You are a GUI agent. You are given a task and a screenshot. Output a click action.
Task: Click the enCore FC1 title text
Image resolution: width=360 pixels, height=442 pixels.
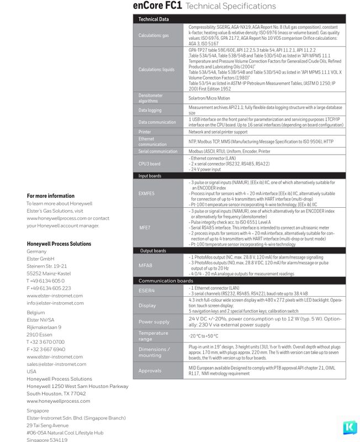[x=157, y=6]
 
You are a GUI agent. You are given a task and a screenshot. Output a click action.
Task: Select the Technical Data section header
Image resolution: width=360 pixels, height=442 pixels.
[x=153, y=19]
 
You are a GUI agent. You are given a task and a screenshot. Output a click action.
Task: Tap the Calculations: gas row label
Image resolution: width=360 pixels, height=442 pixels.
[x=153, y=35]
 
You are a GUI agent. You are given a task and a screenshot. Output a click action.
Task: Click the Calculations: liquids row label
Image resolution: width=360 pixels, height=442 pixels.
[x=156, y=70]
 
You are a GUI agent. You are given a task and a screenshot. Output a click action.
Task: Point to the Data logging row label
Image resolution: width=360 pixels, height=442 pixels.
[x=150, y=110]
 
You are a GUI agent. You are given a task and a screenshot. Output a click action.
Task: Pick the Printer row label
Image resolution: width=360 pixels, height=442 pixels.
[x=145, y=132]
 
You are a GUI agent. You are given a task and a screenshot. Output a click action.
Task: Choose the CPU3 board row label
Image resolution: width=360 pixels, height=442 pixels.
[x=150, y=164]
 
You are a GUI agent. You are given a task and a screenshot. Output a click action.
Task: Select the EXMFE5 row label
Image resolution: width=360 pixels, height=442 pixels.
[x=147, y=193]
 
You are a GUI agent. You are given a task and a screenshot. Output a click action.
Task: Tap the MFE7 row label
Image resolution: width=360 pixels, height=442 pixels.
[x=145, y=227]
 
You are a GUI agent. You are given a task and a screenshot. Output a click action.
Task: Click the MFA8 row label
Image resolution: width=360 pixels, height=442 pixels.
[x=145, y=265]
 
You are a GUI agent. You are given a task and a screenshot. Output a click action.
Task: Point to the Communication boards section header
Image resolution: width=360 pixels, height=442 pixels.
[x=166, y=281]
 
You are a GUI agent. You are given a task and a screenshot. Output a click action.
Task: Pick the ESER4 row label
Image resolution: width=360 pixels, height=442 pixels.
[x=147, y=290]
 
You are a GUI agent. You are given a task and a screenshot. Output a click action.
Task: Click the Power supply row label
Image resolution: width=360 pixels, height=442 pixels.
[x=154, y=322]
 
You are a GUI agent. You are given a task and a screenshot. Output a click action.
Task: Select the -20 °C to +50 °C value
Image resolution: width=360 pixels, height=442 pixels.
[x=203, y=335]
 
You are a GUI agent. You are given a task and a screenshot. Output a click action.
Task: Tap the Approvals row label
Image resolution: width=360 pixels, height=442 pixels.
[x=150, y=370]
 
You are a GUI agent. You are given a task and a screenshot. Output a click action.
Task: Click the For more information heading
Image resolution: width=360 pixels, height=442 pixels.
[x=50, y=196]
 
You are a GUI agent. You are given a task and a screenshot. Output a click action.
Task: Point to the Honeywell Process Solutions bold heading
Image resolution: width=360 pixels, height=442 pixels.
[x=59, y=244]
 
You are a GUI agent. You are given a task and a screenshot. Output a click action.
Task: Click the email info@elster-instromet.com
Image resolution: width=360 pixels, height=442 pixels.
[x=55, y=303]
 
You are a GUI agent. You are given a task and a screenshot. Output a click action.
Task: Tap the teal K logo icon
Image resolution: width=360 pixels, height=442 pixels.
[x=349, y=428]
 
